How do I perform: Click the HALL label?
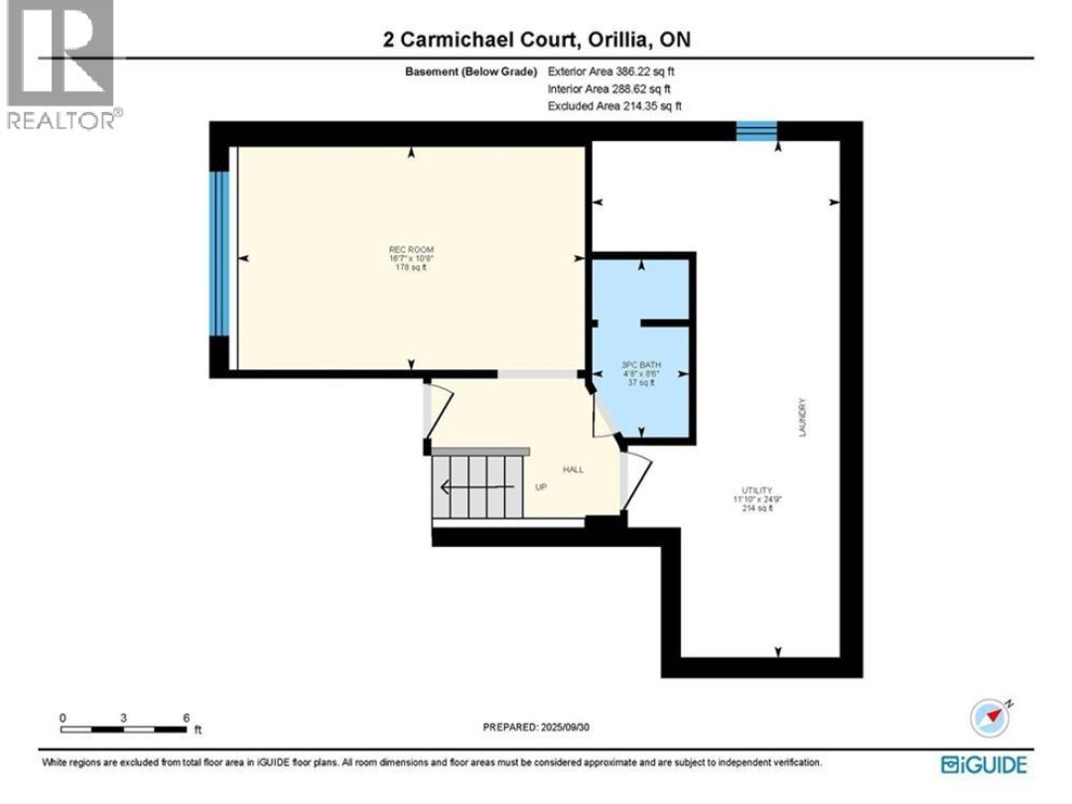point(573,469)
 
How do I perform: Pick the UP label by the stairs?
point(541,487)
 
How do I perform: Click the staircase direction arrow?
point(476,486)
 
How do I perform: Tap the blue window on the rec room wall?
point(219,255)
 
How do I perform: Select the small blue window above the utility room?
point(756,130)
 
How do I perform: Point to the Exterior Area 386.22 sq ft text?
point(611,71)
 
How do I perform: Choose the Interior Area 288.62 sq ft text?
point(610,88)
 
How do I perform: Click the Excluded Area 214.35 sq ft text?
point(614,105)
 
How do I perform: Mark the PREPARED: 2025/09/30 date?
point(536,727)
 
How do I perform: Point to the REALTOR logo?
point(61,65)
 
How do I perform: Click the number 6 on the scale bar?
point(187,717)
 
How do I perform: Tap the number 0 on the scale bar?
point(63,717)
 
